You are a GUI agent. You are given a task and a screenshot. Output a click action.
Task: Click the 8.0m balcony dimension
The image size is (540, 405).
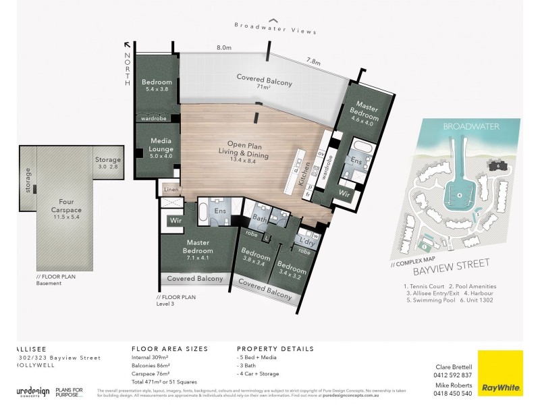224,49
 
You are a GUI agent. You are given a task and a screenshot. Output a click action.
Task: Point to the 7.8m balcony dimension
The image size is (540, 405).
314,61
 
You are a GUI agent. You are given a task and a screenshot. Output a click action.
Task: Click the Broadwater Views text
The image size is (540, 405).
275,28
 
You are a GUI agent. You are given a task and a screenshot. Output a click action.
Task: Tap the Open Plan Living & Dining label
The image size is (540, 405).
249,152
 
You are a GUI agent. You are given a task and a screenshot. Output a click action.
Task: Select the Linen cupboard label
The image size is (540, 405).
171,190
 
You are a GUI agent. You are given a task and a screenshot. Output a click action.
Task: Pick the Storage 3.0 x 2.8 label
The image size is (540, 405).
107,163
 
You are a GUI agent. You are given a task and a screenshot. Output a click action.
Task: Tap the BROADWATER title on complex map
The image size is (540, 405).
461,126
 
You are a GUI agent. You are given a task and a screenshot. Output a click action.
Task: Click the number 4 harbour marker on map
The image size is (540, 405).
459,196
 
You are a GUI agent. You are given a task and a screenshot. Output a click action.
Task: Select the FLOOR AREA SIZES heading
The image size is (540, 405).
169,349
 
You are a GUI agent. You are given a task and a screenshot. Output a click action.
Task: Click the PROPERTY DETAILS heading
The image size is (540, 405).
275,349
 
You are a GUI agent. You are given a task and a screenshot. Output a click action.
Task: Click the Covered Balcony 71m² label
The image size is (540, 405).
264,82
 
